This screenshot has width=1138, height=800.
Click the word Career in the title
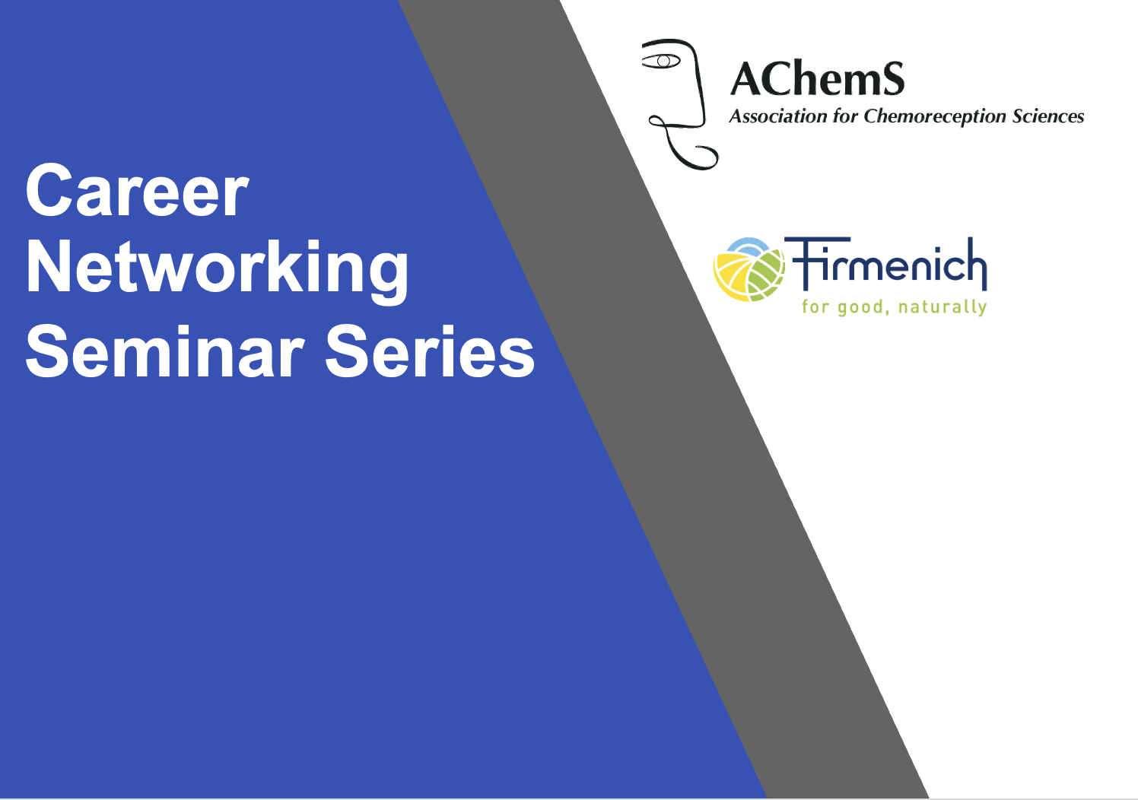coord(137,190)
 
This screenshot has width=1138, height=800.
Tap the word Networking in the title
coord(218,269)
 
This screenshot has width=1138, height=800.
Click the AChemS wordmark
coord(818,79)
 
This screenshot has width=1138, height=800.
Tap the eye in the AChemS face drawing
coord(661,62)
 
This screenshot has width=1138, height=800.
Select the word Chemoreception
coord(934,117)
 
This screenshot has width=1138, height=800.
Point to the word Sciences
coord(1048,116)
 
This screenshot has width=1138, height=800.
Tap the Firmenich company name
coord(885,264)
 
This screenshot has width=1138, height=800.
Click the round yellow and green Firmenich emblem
coord(749,270)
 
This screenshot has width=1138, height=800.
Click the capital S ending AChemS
coord(892,79)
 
